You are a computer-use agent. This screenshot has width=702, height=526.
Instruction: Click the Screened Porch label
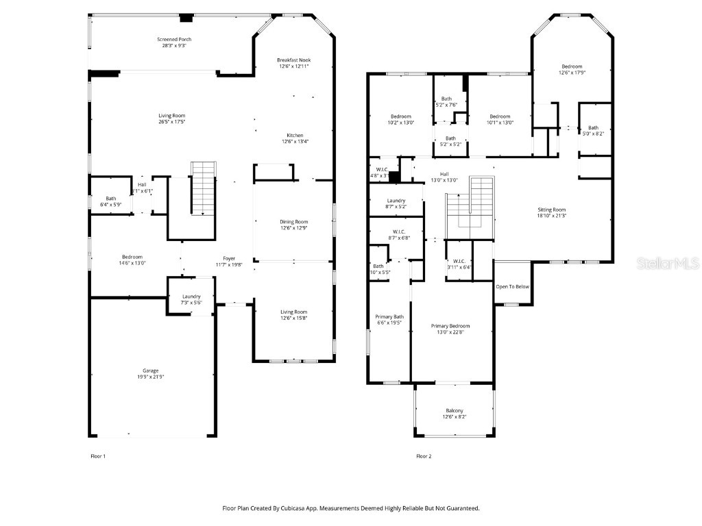point(172,40)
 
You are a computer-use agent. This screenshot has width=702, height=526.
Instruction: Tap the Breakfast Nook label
point(293,60)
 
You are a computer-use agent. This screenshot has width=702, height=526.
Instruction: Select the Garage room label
point(150,371)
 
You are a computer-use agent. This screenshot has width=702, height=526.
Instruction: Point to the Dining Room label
point(293,222)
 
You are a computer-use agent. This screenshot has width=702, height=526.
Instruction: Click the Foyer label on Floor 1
point(226,258)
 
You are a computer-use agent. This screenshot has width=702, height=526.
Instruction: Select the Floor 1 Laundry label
point(191,296)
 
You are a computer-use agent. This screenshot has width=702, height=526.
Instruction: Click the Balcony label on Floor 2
point(454,411)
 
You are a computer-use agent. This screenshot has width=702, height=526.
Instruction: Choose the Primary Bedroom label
point(450,326)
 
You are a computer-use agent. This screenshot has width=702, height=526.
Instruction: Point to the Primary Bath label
point(389,316)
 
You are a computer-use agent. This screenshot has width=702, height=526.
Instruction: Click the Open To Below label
point(512,286)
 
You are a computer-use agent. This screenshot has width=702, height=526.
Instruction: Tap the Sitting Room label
point(551,210)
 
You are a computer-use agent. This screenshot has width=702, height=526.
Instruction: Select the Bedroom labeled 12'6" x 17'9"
point(571,66)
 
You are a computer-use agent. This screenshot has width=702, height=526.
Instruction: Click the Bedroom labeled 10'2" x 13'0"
point(400,116)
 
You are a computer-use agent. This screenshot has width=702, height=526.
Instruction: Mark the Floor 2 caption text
point(424,455)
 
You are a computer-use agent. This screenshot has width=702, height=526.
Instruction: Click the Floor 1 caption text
point(99,455)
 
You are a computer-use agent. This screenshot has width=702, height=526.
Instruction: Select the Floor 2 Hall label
point(444,174)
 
